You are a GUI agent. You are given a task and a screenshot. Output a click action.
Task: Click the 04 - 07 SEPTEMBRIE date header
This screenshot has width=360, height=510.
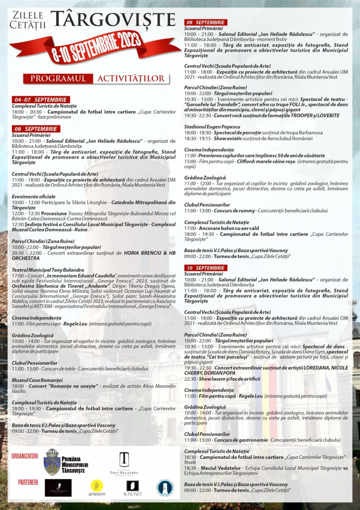point(41,99)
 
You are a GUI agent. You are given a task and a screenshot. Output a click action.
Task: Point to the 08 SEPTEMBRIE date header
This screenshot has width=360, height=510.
point(36,128)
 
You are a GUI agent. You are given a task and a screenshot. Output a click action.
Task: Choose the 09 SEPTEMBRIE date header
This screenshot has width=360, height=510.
point(206,22)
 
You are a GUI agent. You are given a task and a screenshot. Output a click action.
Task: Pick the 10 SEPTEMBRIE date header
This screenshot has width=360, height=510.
point(206,268)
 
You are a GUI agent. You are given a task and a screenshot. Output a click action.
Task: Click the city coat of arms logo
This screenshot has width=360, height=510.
point(52,461)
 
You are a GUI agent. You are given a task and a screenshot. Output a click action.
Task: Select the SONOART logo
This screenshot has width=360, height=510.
point(132,487)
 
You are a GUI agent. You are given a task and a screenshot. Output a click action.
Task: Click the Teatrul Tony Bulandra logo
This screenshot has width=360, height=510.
point(124,462)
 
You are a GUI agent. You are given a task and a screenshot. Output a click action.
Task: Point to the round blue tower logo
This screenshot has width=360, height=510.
point(165,487)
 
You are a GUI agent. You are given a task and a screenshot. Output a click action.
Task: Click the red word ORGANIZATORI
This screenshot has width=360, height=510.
point(25,455)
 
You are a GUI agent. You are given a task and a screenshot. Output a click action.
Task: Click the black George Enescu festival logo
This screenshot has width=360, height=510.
point(58,487)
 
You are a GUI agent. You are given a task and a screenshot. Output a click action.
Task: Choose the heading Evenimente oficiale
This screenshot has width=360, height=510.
point(34,197)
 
